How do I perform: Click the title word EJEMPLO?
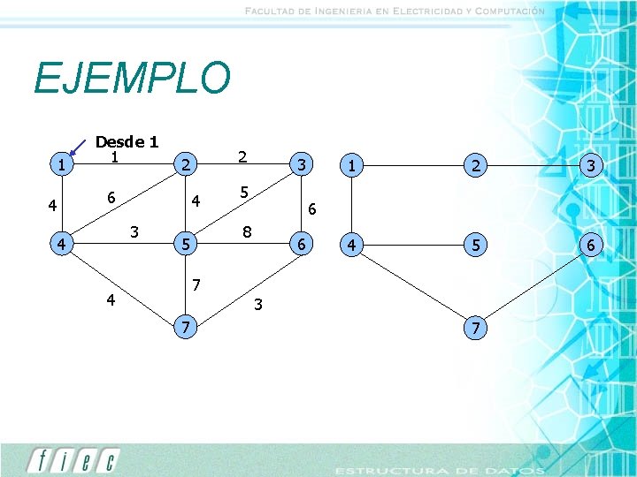coord(132,79)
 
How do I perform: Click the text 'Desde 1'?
coord(127,141)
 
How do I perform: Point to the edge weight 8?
coord(249,233)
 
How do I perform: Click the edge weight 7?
coord(198,284)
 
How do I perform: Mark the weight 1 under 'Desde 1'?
coord(114,157)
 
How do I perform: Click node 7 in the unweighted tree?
coord(477,329)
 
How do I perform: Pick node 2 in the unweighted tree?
coord(477,164)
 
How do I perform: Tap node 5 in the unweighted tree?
coord(477,243)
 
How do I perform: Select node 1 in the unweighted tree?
coord(352,164)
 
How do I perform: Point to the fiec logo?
coord(73,461)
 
